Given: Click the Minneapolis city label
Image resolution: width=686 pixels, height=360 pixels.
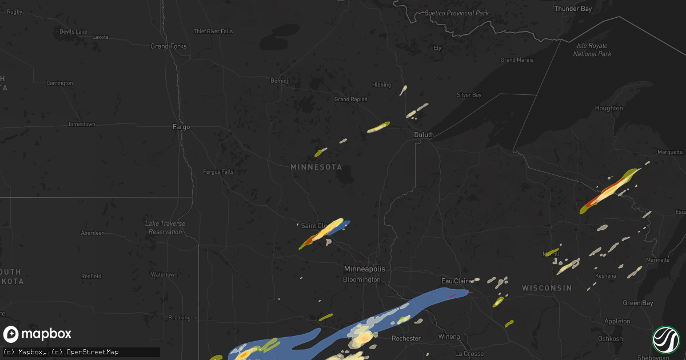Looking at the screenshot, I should point(364,269).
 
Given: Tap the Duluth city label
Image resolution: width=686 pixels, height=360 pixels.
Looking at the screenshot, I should point(424,135).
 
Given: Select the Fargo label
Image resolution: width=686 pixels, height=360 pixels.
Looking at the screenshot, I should point(181,127).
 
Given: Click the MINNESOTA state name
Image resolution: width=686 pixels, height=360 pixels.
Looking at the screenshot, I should point(316,167).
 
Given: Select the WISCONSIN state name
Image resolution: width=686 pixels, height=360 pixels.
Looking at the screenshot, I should point(546,289).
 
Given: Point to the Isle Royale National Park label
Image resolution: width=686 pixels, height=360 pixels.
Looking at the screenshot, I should point(592,50).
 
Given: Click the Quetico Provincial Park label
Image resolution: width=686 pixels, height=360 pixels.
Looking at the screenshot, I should point(457,13).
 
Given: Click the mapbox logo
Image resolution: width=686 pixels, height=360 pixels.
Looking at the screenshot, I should point(37,334).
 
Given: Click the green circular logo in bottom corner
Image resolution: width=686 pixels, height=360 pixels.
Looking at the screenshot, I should point(665,339).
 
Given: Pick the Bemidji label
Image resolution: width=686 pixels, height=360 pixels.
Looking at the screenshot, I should point(280,81).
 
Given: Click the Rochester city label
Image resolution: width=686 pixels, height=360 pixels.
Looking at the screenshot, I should point(406,338).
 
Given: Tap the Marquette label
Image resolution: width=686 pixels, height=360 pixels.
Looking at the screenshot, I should point(670,152).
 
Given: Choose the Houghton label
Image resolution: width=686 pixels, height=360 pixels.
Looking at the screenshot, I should point(608,108).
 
